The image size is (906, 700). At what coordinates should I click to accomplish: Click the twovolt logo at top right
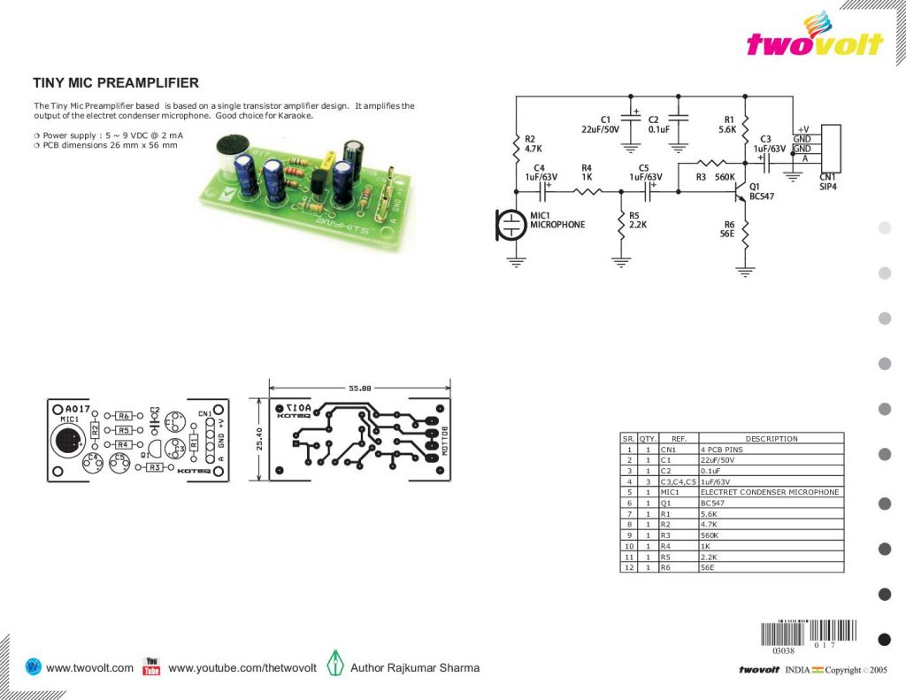tap(814, 40)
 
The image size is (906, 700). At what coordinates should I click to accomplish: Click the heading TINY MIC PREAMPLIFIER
tap(116, 83)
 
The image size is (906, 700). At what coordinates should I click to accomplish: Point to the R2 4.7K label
tap(534, 144)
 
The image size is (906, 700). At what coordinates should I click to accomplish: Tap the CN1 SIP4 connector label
tap(828, 181)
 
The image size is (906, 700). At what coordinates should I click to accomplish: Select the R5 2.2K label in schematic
tap(638, 220)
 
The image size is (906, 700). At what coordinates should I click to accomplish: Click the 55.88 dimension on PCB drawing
tap(359, 388)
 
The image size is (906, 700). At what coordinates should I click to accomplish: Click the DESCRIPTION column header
tap(771, 438)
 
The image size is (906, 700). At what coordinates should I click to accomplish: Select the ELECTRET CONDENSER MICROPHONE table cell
tap(769, 492)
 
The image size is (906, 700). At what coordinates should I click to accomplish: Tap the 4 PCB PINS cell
tap(721, 450)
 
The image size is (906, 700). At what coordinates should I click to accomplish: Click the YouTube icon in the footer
tap(151, 666)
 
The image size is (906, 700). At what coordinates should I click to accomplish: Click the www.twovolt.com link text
tap(89, 668)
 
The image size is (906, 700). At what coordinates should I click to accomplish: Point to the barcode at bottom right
tap(809, 633)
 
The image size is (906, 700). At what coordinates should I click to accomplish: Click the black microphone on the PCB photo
tap(232, 145)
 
